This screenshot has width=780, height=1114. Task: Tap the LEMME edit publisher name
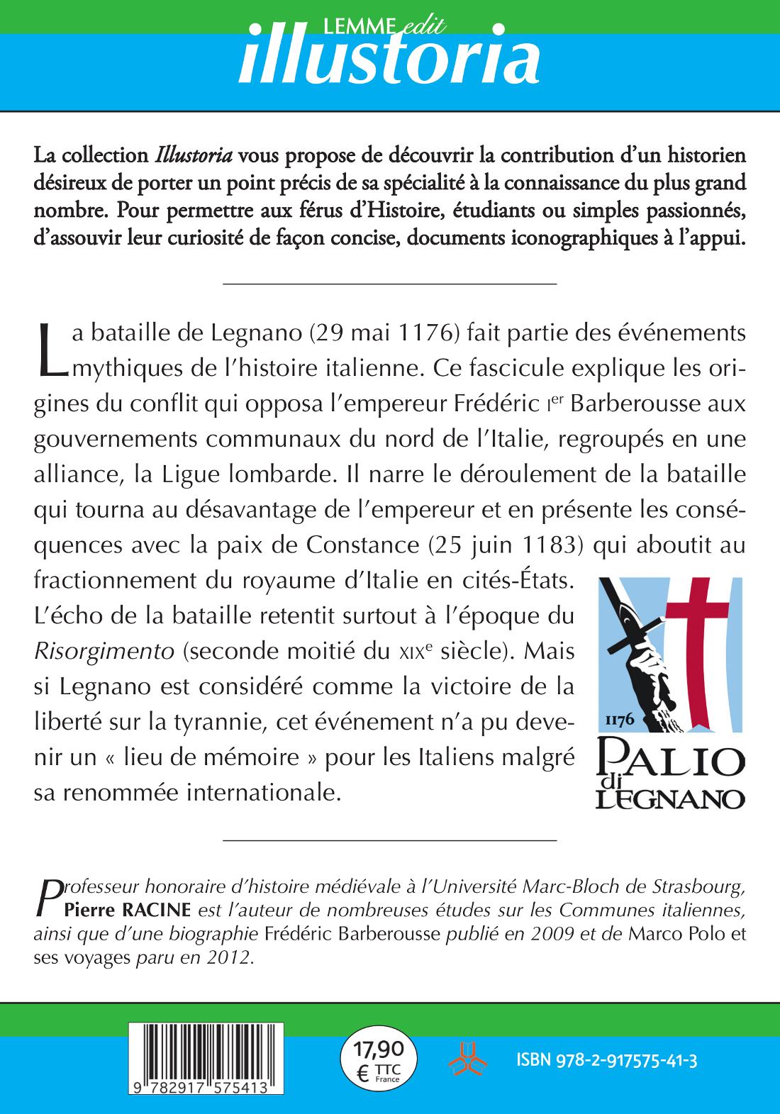pos(384,26)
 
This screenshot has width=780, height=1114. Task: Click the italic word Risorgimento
pos(104,651)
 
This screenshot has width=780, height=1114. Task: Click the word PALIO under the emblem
pos(671,759)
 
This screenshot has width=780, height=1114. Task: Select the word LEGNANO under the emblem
pos(670,799)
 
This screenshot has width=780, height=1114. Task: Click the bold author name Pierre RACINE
pos(128,910)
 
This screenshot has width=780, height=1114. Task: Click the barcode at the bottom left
pos(206,1057)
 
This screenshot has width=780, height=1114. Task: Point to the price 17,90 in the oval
pos(379,1049)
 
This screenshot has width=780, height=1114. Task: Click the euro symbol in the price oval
pos(362,1074)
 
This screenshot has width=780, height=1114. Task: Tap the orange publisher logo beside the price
pos(467,1059)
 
